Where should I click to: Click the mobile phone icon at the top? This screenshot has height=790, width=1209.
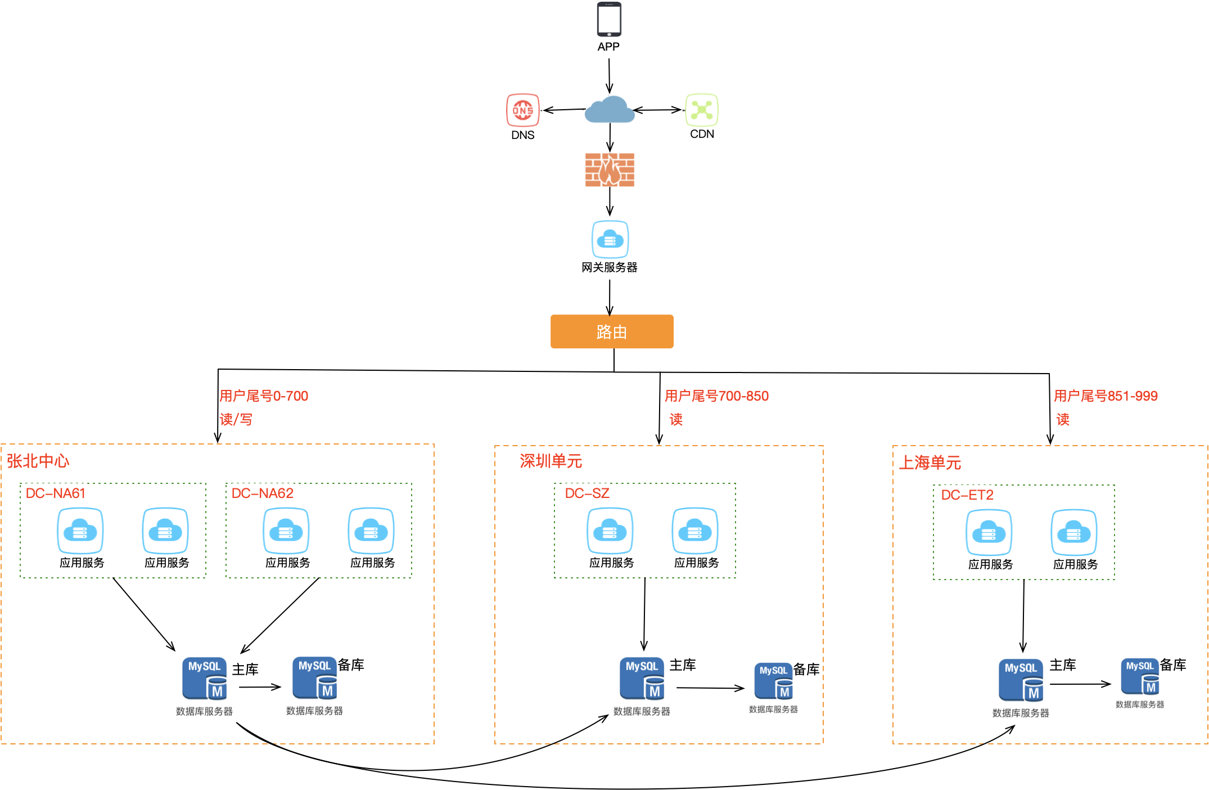[608, 20]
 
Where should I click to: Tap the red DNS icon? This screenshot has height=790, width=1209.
[522, 110]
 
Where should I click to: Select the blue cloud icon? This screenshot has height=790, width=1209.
[610, 109]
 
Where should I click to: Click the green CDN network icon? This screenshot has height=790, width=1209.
[702, 109]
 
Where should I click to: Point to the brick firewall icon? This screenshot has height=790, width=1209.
[610, 170]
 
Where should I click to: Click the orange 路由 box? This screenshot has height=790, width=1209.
[612, 331]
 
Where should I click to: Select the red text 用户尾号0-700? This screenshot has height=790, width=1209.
[264, 396]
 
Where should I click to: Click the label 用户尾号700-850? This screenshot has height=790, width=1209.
[716, 396]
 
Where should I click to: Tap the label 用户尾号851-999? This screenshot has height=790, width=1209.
[1106, 396]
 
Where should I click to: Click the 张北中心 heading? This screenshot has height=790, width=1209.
[38, 461]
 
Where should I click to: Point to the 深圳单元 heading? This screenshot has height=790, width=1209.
[551, 461]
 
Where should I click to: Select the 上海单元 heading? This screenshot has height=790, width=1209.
[930, 463]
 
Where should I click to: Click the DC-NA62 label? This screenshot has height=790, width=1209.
[263, 493]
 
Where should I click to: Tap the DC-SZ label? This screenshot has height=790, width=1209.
[587, 493]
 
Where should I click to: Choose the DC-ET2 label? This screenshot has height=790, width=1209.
[967, 495]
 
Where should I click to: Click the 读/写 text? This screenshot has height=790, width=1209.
[236, 420]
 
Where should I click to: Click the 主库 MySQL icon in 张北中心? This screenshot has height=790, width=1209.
[205, 679]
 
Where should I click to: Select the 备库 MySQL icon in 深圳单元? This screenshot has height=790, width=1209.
[774, 681]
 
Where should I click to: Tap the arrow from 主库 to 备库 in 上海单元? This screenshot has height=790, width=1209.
[1080, 684]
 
